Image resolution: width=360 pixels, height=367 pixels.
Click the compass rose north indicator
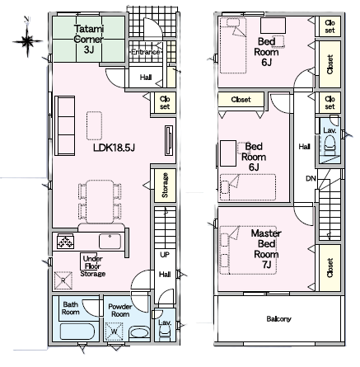[x=27, y=38]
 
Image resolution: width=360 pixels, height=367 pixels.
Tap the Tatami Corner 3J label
[x=89, y=39]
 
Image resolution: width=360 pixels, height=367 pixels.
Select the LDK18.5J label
[x=114, y=148]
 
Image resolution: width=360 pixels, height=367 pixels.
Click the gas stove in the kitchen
[x=65, y=242]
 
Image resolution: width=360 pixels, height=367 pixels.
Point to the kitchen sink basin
[x=110, y=241]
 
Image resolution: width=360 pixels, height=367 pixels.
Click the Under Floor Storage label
[x=93, y=266]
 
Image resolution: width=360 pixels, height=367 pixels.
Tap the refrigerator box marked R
[x=63, y=280]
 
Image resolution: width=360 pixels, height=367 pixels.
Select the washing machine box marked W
[x=114, y=332]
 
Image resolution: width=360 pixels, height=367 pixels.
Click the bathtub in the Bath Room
[x=77, y=332]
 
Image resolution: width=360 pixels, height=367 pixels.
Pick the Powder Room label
[x=120, y=310]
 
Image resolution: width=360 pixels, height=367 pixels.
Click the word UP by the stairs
[x=165, y=255]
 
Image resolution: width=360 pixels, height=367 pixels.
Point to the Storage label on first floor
[x=165, y=185]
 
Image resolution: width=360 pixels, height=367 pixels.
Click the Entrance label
[x=146, y=52]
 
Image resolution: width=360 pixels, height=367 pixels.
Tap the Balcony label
[x=278, y=319]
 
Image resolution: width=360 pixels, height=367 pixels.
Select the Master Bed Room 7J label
[x=266, y=249]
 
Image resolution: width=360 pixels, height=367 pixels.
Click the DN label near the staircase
[x=311, y=179]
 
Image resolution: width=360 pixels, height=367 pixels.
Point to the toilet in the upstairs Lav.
[x=330, y=146]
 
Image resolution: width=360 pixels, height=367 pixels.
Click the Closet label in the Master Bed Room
[x=330, y=268]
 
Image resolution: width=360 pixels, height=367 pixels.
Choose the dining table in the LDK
[x=100, y=201]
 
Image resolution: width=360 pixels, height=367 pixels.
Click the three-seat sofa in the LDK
[x=65, y=125]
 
